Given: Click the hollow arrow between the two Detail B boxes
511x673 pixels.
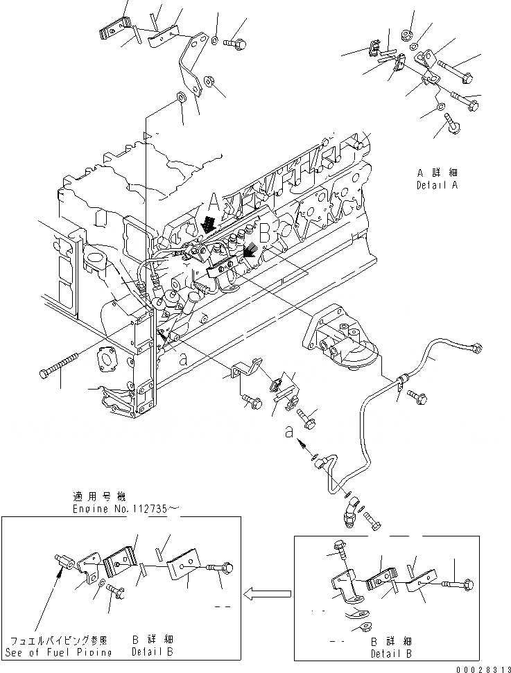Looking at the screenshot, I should click(x=266, y=593).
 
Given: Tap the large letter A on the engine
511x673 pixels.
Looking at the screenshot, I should click(x=214, y=202).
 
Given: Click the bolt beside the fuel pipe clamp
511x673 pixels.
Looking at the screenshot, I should click(x=418, y=395).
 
